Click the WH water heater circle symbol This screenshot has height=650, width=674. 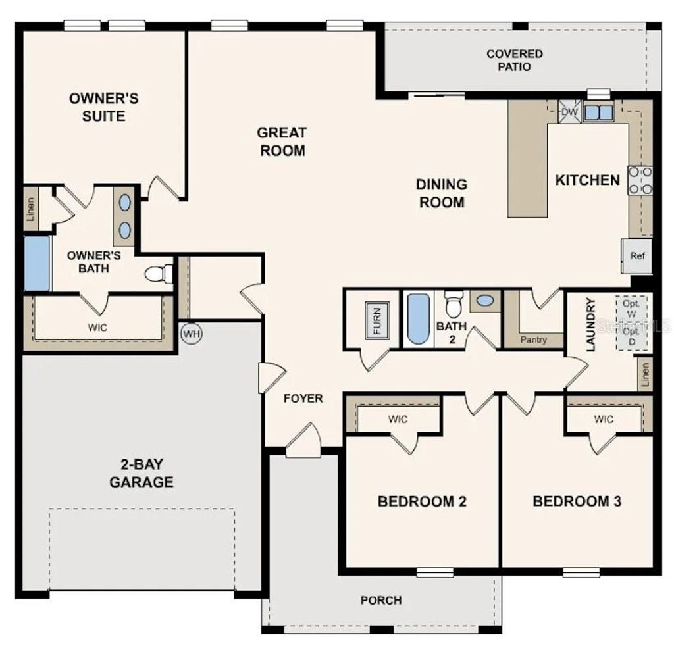pos(192,334)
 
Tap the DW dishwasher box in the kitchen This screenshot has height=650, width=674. pos(569,113)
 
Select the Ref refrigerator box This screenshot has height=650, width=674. pos(636,256)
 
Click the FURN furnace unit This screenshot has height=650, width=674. pos(377,320)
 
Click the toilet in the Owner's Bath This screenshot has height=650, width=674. pos(158,273)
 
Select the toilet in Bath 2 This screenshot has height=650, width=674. pos(453,304)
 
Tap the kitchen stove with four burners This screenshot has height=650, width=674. pos(640,180)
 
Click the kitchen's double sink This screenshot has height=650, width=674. pos(598,113)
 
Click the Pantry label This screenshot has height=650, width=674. pos(533,340)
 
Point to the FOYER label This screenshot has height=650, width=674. pos(303,399)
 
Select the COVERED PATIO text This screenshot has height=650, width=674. pos(515,60)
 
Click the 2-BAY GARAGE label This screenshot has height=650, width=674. pos(142,473)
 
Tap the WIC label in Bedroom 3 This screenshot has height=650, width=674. pos(604,419)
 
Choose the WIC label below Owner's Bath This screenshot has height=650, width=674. pos(97,327)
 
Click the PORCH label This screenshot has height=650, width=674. pos(381,600)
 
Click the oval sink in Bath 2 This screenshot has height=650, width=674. pos(485,301)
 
